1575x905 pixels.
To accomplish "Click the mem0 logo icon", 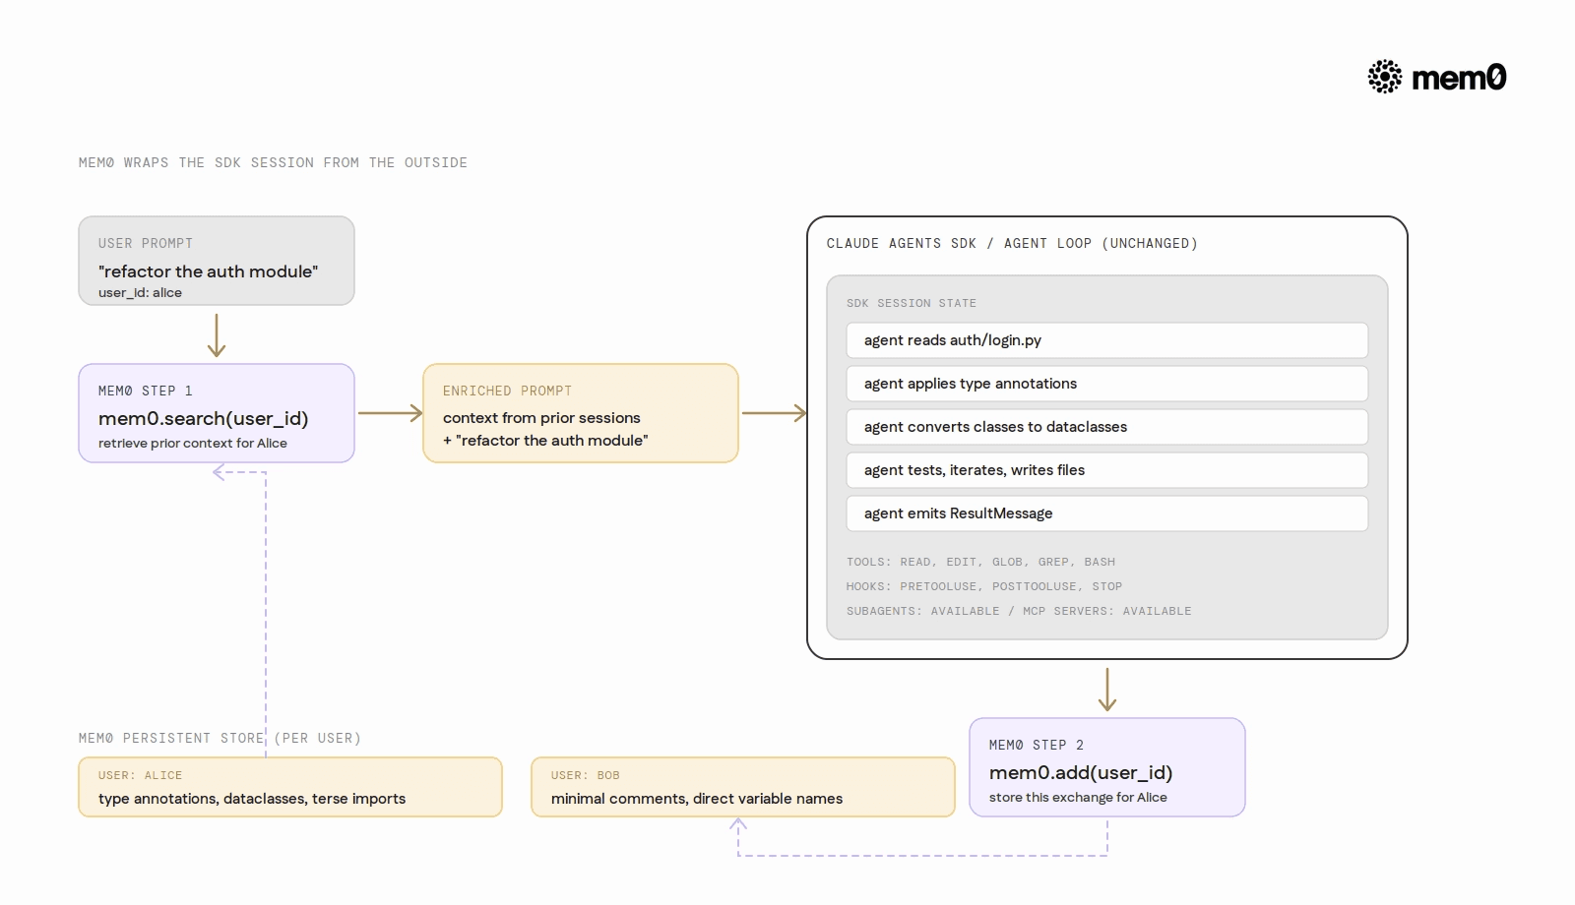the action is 1384,77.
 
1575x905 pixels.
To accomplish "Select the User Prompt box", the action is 217,261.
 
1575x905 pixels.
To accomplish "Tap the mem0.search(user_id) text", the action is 203,419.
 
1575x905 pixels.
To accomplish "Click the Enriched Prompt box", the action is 580,413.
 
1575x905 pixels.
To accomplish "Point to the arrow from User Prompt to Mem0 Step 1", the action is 217,335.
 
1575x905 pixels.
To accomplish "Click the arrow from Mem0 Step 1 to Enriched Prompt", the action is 390,413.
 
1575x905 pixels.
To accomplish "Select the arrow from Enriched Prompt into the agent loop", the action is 774,413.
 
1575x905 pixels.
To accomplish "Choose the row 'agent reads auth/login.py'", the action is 1107,340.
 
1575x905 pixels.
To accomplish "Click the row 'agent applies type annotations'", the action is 1107,384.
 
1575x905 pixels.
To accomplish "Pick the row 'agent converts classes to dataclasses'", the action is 1107,427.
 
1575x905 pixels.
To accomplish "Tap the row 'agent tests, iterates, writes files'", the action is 1107,470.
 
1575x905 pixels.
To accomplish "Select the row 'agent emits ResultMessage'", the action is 1107,513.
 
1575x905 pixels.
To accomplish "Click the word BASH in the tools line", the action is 1100,562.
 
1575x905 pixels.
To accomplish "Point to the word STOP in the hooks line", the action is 1107,586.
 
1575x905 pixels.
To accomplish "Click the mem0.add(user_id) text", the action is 1081,773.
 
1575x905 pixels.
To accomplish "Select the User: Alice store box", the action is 290,787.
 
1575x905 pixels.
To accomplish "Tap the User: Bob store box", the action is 743,787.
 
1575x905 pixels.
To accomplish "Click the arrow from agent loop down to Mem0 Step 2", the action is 1107,690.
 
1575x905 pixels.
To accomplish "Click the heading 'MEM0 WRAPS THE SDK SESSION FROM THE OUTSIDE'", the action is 273,162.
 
